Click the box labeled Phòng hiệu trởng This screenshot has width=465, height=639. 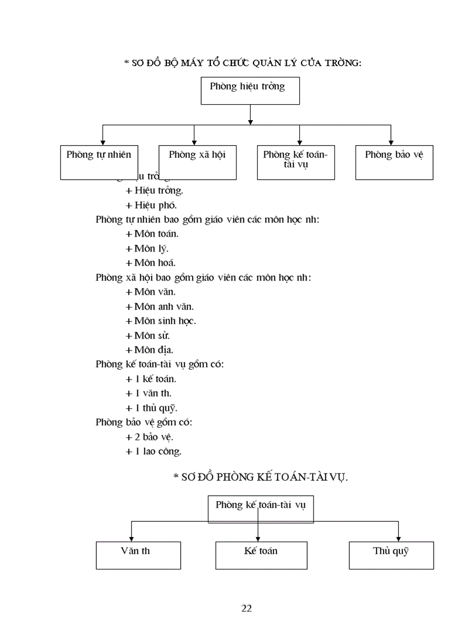pyautogui.click(x=250, y=91)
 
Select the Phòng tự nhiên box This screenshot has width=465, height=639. pyautogui.click(x=99, y=162)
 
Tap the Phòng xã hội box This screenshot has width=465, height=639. pyautogui.click(x=197, y=162)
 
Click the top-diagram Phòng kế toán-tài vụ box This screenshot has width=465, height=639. pyautogui.click(x=295, y=162)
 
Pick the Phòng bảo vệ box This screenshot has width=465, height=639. pyautogui.click(x=394, y=162)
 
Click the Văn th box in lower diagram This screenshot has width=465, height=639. pyautogui.click(x=138, y=555)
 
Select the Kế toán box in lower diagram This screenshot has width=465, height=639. pyautogui.click(x=261, y=555)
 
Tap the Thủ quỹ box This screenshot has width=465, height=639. pyautogui.click(x=391, y=555)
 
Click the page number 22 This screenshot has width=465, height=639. pyautogui.click(x=247, y=608)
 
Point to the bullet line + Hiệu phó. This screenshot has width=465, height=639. pyautogui.click(x=151, y=205)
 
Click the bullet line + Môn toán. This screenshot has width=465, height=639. pyautogui.click(x=152, y=234)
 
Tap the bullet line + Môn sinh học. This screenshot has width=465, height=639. pyautogui.click(x=161, y=321)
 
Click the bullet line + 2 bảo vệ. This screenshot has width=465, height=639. pyautogui.click(x=149, y=437)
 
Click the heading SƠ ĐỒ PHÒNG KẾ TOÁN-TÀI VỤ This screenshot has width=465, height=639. pyautogui.click(x=260, y=478)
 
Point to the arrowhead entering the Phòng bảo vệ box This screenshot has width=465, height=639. pyautogui.click(x=391, y=143)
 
